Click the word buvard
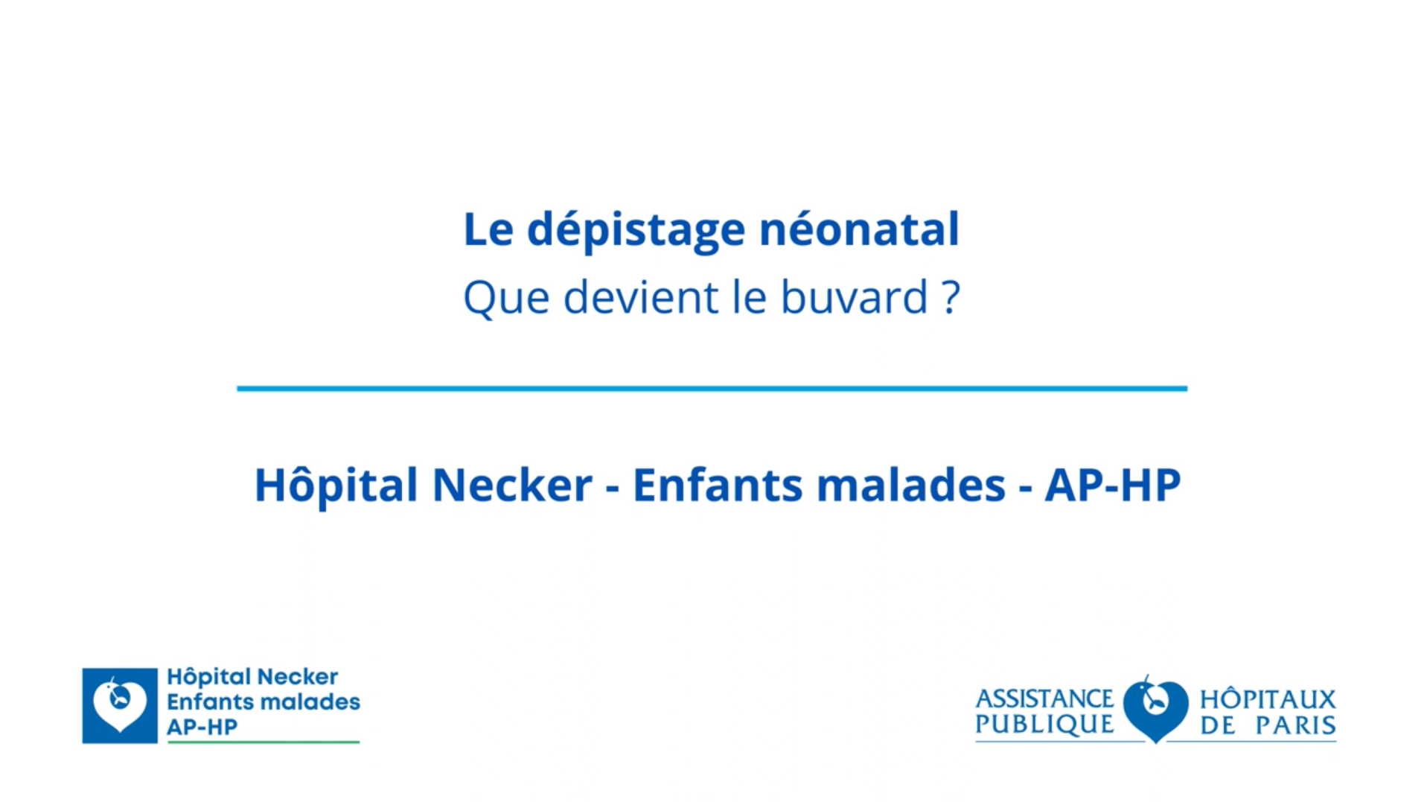point(854,297)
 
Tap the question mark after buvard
point(950,297)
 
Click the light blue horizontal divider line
point(712,388)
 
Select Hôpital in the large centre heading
point(336,486)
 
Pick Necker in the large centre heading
point(512,486)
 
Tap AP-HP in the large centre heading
point(1112,486)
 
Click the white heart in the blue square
point(119,704)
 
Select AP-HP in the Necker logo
point(202,727)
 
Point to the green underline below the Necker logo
point(263,742)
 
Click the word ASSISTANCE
point(1044,699)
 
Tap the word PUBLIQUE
point(1044,725)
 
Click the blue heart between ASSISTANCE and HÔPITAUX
point(1155,707)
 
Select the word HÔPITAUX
point(1268,699)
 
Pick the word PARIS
point(1295,725)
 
